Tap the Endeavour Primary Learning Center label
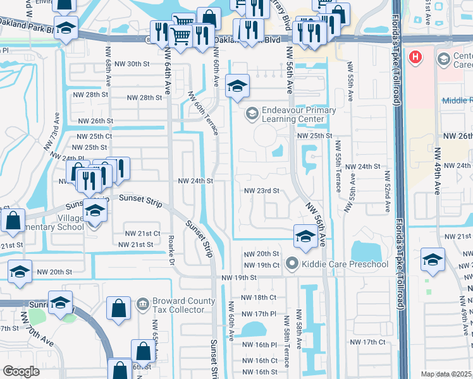tap(291, 114)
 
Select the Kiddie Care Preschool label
tap(345, 263)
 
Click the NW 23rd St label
tap(261, 191)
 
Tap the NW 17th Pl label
tap(260, 313)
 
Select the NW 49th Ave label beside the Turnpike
tap(437, 171)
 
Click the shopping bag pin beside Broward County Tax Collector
tap(119, 309)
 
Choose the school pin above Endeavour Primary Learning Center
tap(237, 87)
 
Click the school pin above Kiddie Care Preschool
tap(305, 237)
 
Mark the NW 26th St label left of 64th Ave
tap(95, 120)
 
